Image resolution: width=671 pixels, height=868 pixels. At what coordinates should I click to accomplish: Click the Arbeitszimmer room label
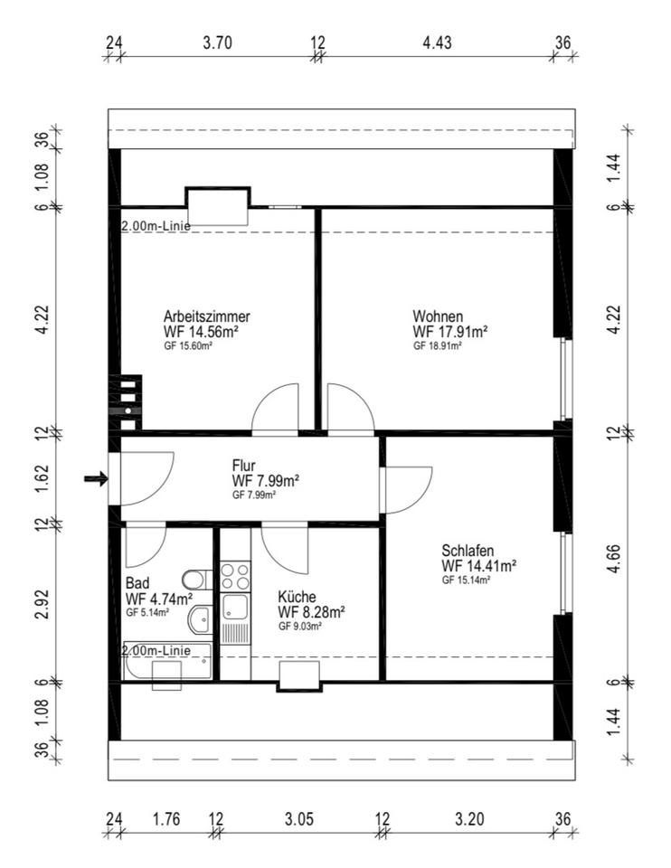(206, 316)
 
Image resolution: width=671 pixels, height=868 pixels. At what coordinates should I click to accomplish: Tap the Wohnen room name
(438, 316)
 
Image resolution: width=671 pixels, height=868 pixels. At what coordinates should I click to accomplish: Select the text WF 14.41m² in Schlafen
(479, 566)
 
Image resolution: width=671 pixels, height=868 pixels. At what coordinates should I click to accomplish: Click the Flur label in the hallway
(243, 465)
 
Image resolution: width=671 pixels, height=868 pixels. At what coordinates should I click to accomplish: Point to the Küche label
(297, 597)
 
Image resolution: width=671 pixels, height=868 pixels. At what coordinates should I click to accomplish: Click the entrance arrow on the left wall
(96, 478)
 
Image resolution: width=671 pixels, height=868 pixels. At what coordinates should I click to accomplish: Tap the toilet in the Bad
(197, 580)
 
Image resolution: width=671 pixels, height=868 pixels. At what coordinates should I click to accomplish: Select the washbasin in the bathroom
(201, 619)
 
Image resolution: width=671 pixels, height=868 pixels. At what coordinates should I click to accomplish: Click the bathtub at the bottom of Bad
(166, 662)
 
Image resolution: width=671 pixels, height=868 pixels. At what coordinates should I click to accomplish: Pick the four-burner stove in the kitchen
(235, 576)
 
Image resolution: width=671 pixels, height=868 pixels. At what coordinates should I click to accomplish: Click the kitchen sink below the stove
(235, 607)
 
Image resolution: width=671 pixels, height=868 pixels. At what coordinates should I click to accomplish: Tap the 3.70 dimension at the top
(217, 42)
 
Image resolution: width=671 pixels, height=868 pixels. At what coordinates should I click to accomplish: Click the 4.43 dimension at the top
(437, 42)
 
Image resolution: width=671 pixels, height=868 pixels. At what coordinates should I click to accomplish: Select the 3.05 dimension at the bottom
(299, 819)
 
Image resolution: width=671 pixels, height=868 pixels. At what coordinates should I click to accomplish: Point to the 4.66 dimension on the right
(614, 559)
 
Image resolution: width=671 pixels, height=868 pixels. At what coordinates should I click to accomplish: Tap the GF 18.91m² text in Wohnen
(438, 346)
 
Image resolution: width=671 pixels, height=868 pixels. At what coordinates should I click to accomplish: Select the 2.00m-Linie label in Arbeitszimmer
(156, 226)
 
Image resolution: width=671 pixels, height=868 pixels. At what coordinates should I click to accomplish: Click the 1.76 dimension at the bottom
(165, 819)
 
